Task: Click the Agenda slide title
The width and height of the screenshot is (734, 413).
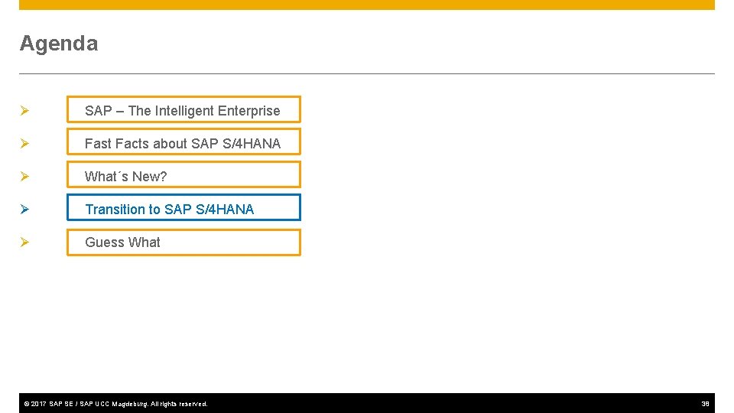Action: click(59, 44)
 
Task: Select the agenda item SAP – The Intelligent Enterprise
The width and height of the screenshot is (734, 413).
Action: click(183, 110)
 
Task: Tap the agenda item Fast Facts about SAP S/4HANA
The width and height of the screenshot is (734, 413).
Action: click(183, 143)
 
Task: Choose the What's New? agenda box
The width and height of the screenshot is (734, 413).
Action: click(183, 176)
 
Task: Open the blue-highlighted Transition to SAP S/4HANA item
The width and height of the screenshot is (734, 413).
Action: click(183, 209)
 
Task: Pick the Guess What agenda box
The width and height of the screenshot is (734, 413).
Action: click(183, 242)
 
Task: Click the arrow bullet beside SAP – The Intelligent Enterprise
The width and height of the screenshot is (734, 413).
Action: click(24, 111)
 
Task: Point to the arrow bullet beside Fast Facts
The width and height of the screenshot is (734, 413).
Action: click(24, 144)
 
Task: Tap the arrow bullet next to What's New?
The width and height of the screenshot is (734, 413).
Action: click(24, 177)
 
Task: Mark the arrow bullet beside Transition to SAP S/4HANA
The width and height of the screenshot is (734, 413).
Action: click(24, 210)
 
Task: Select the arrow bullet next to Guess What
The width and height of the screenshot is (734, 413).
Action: click(24, 242)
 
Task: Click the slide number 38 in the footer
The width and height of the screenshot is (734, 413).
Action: click(705, 404)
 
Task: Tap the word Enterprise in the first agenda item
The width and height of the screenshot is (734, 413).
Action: click(248, 111)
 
